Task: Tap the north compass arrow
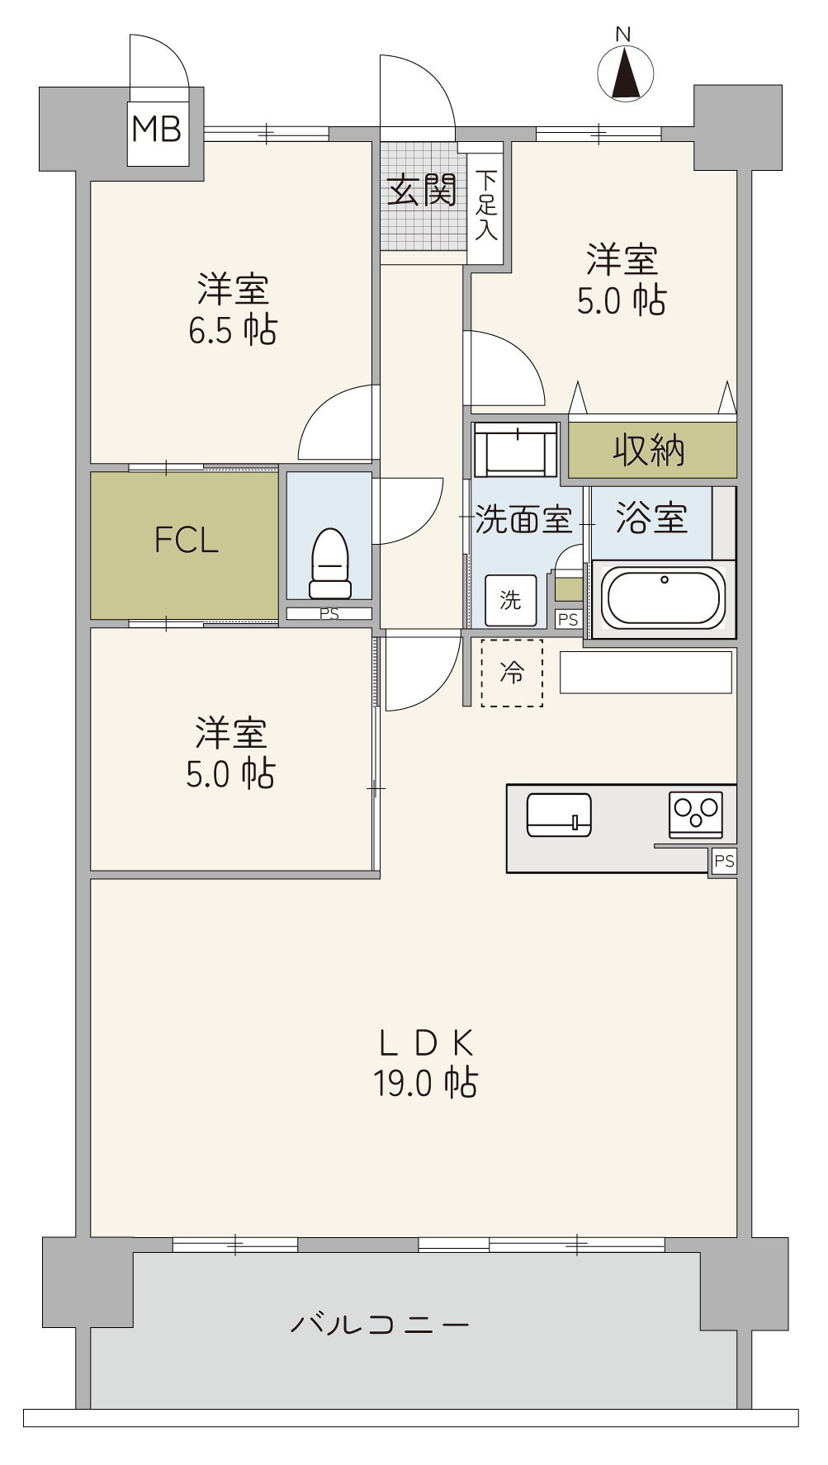point(625,72)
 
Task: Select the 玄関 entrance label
point(422,191)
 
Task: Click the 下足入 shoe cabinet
point(486,205)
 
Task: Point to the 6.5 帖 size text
point(233,330)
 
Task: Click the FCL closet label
point(187,541)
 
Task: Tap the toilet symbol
point(330,563)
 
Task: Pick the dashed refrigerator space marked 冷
point(512,673)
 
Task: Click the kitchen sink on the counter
point(559,815)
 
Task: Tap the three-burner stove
point(696,815)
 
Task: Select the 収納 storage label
point(649,450)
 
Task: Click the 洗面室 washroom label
point(523,520)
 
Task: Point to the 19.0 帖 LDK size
point(426,1083)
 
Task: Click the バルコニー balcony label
point(380,1326)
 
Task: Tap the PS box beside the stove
point(724,862)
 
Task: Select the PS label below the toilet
point(329,614)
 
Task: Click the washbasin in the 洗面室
point(517,450)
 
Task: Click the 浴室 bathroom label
point(652,517)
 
